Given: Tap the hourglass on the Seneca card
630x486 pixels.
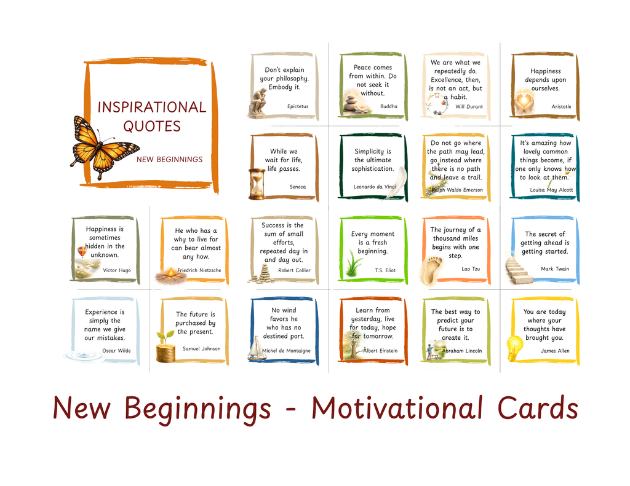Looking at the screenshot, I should click(x=257, y=184).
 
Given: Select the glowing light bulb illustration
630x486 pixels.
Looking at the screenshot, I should click(x=514, y=348).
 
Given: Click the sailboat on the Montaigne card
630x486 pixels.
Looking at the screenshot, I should click(x=257, y=349).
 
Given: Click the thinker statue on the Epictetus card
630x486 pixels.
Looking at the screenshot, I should click(x=258, y=101).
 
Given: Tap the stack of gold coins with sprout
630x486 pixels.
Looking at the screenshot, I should click(x=165, y=348).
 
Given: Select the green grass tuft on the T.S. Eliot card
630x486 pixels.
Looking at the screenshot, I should click(x=354, y=265).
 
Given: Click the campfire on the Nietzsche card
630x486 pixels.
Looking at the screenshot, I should click(x=170, y=275).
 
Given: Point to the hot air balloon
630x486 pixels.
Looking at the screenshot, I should click(x=82, y=251).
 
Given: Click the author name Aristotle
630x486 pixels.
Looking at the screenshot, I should click(x=561, y=107).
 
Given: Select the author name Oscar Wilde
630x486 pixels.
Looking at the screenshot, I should click(x=116, y=351).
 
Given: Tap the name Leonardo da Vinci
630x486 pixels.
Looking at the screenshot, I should click(x=375, y=187).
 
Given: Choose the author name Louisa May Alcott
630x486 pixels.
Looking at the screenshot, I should click(x=551, y=190).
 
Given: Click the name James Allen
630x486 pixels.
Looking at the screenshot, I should click(x=555, y=351).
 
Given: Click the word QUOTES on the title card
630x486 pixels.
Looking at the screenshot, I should click(x=152, y=127).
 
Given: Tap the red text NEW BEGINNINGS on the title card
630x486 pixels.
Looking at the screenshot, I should click(x=169, y=160).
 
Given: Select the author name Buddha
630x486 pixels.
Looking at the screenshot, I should click(x=389, y=106).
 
